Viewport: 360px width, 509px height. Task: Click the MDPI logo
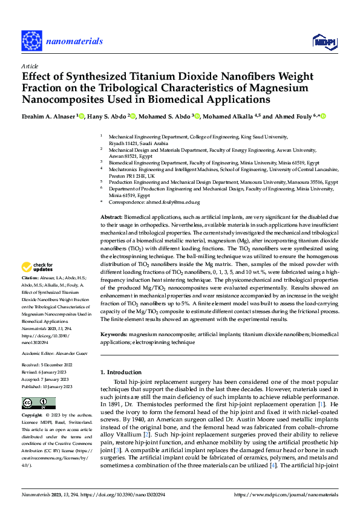[320, 41]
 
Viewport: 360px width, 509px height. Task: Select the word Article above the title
[30, 66]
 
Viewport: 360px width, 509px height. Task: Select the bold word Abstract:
[111, 216]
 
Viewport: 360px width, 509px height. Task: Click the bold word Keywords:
[113, 334]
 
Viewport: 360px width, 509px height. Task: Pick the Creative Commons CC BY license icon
[38, 403]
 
